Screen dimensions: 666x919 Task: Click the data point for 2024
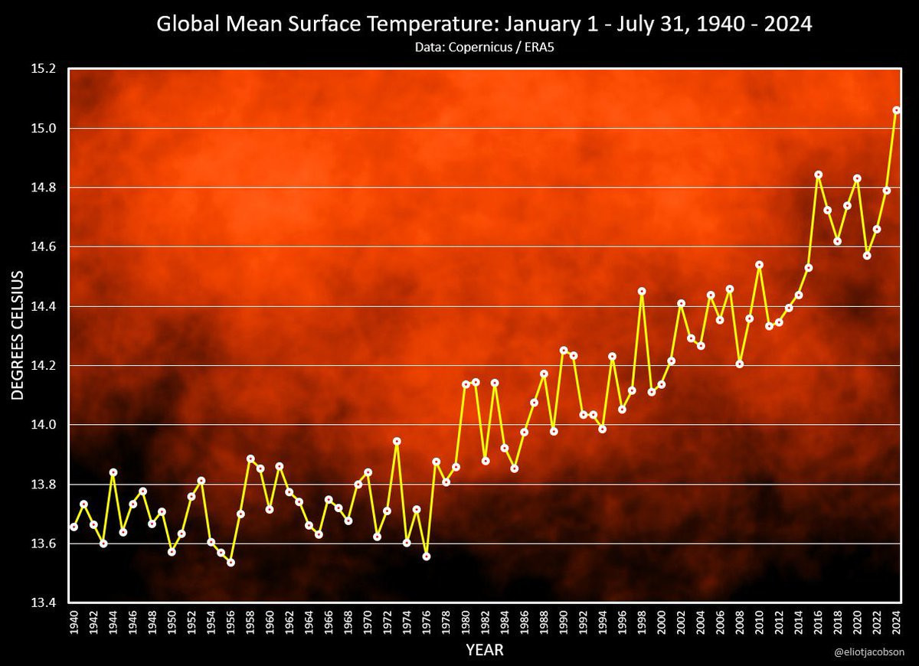897,110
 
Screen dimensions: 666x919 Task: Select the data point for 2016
818,175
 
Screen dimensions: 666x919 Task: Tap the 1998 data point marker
642,291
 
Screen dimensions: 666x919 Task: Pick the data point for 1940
74,527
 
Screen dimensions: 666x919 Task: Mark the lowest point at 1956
231,563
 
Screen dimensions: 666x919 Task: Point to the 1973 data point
397,441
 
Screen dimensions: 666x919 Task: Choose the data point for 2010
759,265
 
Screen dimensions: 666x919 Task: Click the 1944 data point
113,472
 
